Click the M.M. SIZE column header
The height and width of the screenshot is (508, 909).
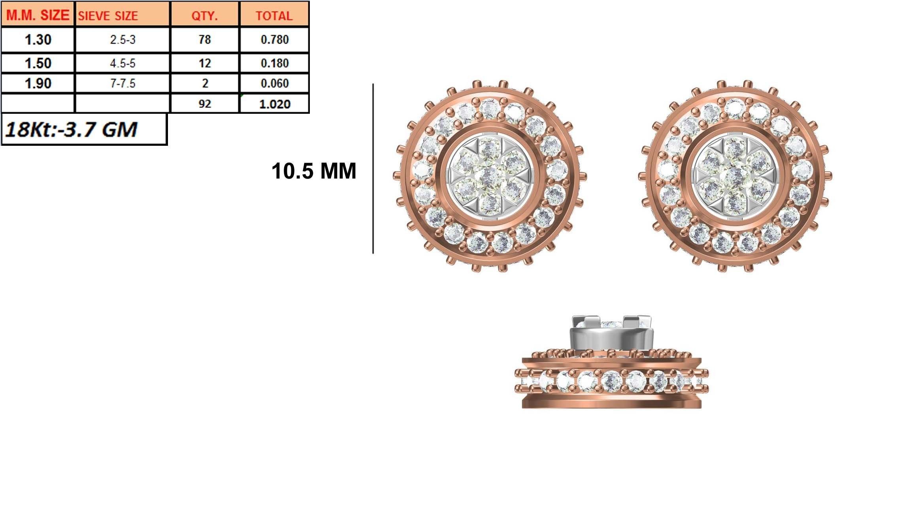[38, 15]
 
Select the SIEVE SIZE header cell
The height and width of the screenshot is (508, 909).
[108, 16]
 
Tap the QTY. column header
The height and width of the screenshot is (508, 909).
[204, 16]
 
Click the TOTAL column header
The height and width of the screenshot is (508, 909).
[274, 16]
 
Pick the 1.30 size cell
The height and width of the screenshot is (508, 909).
[38, 40]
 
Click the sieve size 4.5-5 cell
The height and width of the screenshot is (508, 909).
[123, 63]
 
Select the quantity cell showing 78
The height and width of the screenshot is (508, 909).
[204, 40]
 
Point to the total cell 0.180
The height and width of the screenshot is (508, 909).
[274, 63]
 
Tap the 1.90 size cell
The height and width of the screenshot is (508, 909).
[38, 83]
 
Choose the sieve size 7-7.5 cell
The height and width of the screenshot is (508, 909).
[123, 83]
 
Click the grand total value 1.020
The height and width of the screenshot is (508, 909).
[274, 104]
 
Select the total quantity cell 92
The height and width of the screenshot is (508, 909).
[204, 104]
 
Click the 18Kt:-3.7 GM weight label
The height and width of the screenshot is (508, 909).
[71, 130]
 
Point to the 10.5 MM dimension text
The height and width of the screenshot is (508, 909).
[313, 171]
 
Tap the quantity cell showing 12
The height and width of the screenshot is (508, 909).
[204, 63]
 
